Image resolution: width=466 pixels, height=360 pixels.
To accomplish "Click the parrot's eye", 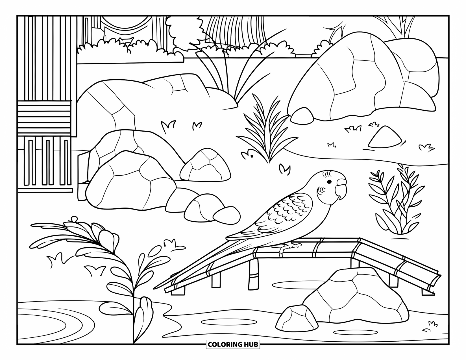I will click(329, 182).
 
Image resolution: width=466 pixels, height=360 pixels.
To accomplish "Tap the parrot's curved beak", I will click(341, 189).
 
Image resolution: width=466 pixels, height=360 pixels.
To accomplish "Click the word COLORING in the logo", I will click(221, 344).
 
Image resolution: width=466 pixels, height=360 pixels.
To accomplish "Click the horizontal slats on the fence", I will click(44, 119).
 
